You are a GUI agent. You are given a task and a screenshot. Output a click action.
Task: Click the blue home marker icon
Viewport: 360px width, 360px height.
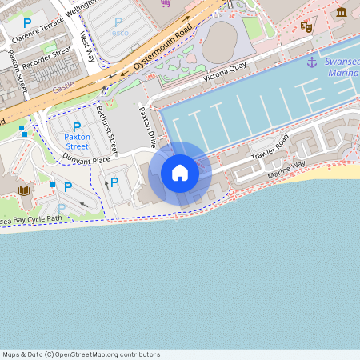pos(180,173)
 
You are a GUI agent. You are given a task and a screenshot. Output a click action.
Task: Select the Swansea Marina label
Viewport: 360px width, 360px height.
pos(342,67)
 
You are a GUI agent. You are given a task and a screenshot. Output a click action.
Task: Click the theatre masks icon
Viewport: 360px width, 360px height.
pos(306,26)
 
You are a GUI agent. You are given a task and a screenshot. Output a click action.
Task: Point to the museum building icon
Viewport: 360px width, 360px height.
pos(342,12)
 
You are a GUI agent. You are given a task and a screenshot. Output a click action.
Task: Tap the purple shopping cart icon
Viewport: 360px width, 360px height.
pos(166,2)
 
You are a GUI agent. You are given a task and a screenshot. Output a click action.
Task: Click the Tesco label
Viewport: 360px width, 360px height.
pos(118,33)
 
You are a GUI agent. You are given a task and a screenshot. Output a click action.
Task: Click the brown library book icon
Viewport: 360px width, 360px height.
pos(24,190)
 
